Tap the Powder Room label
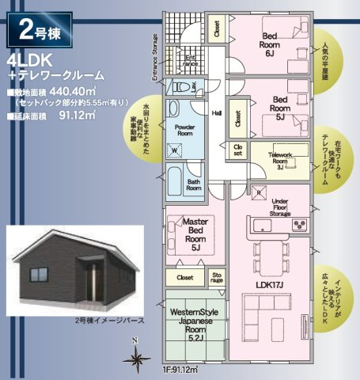(x=184, y=130)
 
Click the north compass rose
(x=136, y=358)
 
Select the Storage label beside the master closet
(x=218, y=277)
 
